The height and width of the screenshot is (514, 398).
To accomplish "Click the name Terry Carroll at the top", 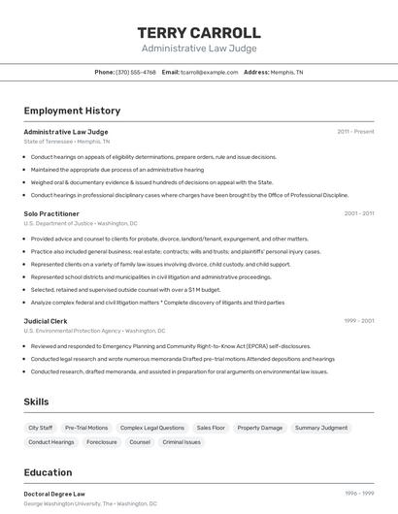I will click(199, 33).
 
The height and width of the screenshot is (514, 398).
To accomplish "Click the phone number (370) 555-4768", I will click(135, 72).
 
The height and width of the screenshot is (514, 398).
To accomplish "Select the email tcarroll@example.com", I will click(209, 72).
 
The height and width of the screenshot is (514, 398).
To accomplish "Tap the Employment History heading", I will click(72, 111).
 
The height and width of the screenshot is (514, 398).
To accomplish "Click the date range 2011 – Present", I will click(355, 131).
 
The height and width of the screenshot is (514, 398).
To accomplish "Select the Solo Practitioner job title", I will click(51, 213).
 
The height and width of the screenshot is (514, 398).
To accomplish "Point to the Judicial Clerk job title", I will click(46, 320).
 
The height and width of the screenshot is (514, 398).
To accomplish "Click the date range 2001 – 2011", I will click(358, 213).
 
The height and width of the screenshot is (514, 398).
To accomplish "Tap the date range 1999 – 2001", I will click(358, 320).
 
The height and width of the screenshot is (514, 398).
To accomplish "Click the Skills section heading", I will click(37, 402).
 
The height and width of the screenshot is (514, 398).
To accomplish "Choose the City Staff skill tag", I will click(41, 428).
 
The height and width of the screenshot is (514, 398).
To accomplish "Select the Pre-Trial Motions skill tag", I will click(86, 428).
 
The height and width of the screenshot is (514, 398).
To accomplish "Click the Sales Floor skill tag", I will click(211, 428).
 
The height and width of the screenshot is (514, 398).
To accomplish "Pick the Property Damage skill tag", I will click(260, 428).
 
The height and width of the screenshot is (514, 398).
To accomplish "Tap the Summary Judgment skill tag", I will click(321, 428).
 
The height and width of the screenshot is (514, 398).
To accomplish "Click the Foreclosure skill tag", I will click(102, 442).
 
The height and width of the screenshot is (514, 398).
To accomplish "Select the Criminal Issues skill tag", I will click(182, 442).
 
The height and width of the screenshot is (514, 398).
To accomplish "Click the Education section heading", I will click(48, 473).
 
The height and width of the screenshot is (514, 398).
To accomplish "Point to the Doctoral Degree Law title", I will click(54, 494).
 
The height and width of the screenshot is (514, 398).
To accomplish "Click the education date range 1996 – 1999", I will click(358, 494).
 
